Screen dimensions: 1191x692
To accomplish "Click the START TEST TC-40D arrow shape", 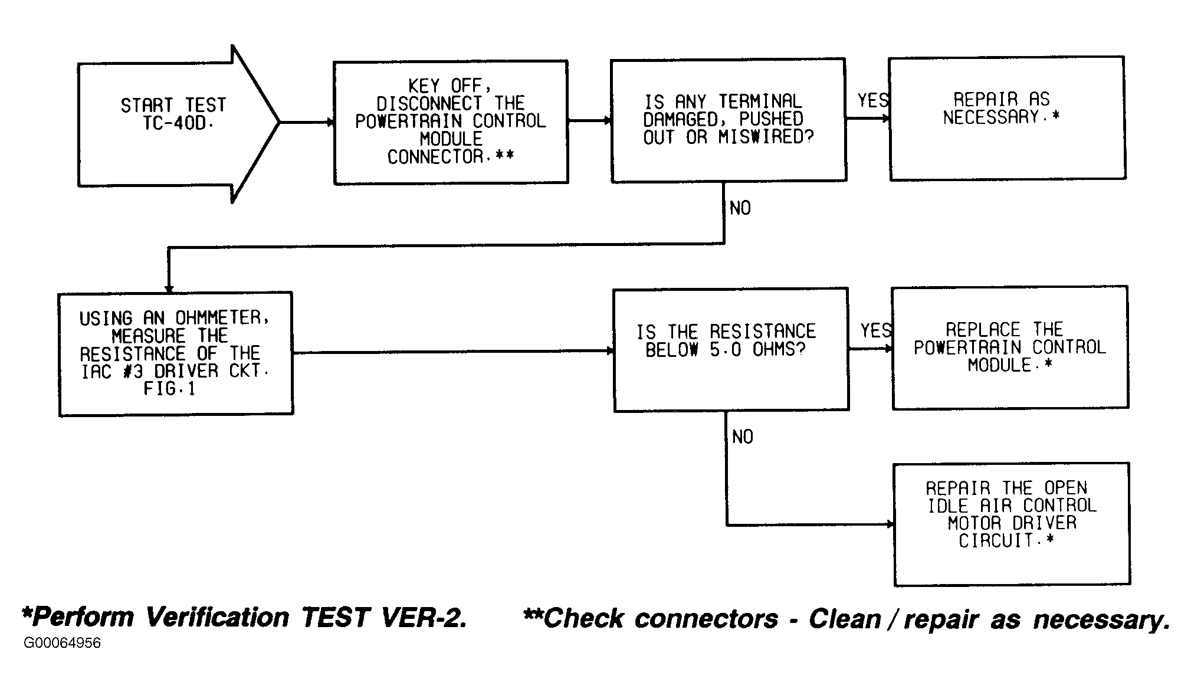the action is click(x=177, y=123).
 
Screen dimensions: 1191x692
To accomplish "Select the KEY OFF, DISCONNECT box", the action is click(x=451, y=122).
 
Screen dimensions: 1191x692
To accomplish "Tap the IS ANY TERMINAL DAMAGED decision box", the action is click(x=729, y=120).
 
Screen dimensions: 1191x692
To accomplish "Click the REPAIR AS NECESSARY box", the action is click(x=1007, y=118).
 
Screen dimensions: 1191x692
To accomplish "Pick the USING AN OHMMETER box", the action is click(x=176, y=354).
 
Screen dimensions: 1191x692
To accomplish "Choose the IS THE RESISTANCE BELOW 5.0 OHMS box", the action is click(x=731, y=350).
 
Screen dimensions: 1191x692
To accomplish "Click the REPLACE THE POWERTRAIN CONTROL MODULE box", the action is click(x=1010, y=347).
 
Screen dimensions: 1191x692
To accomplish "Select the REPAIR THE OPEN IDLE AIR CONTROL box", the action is click(x=1012, y=524).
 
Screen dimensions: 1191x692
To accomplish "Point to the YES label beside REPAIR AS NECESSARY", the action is click(x=872, y=101).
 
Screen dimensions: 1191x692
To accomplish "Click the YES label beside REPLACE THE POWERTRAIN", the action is click(x=875, y=331).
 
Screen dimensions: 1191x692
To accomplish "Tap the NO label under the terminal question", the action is click(x=740, y=208).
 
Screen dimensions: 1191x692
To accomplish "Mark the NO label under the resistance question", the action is click(x=743, y=437).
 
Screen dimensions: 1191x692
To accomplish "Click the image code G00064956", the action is click(x=62, y=643).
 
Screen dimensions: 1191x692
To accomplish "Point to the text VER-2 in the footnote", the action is click(x=424, y=618).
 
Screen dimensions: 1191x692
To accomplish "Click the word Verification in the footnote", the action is click(x=217, y=618).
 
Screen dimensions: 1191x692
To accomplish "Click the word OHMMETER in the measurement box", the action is click(x=222, y=319).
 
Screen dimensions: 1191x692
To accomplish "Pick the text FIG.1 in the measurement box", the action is click(x=169, y=389).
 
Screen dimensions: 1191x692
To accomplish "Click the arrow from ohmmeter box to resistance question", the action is click(x=454, y=352).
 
